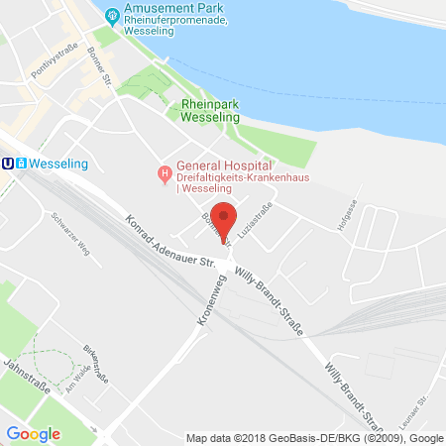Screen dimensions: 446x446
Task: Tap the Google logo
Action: pyautogui.click(x=33, y=433)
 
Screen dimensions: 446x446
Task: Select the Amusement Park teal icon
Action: pyautogui.click(x=113, y=15)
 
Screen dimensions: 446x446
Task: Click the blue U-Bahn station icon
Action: pyautogui.click(x=9, y=164)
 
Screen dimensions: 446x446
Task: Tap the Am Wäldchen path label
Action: pyautogui.click(x=80, y=378)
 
